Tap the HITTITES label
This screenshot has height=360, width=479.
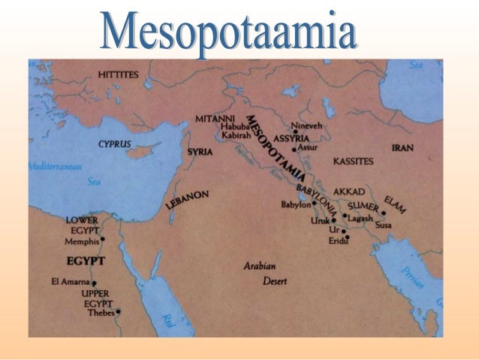point(119,75)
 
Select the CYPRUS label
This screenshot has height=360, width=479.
point(114,144)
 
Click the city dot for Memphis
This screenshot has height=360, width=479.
point(102,240)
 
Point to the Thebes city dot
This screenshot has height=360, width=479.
point(118,312)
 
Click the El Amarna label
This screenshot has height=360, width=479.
point(70,282)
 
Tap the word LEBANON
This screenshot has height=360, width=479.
point(187,200)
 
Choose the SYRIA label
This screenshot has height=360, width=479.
point(200,152)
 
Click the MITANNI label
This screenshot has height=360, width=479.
point(215,119)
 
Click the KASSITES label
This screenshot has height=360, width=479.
point(353,162)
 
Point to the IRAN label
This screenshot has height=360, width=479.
point(402,148)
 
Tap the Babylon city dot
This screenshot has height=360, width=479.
point(314,204)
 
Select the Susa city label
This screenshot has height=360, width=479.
point(383,225)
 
